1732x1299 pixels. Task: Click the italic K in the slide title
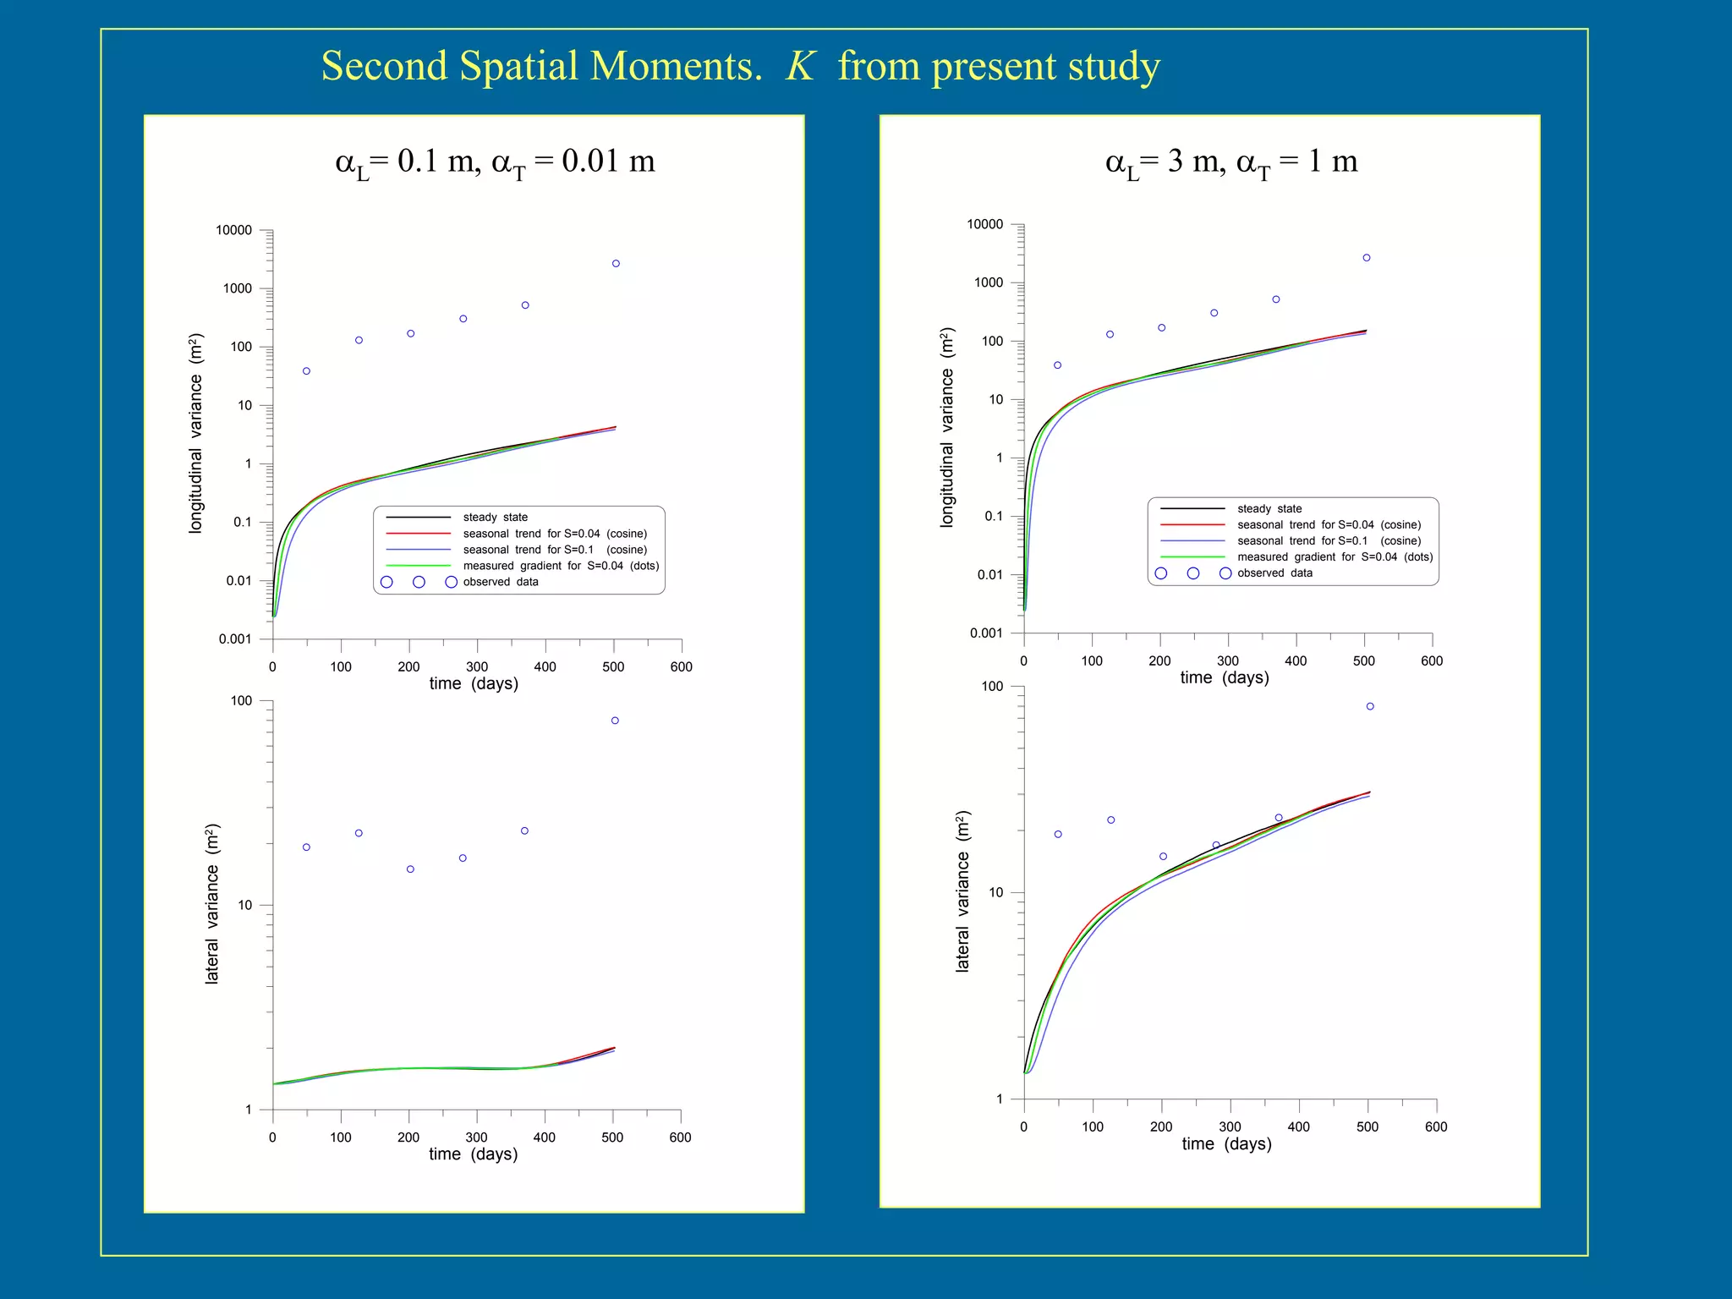click(x=799, y=66)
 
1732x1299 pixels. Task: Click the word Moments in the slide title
click(x=675, y=66)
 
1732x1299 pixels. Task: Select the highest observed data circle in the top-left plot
click(x=616, y=264)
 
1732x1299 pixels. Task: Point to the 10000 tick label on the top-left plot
click(x=233, y=230)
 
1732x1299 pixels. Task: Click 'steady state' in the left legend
click(x=495, y=518)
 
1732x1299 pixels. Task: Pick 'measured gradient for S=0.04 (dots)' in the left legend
click(x=561, y=566)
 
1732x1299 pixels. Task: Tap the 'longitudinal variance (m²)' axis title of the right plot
click(x=947, y=428)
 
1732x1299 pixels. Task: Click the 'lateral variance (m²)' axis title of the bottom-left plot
click(x=212, y=904)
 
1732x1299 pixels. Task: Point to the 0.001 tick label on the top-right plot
click(x=985, y=633)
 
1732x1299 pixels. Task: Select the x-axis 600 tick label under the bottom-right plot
click(x=1436, y=1127)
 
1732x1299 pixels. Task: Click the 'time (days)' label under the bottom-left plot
click(x=473, y=1154)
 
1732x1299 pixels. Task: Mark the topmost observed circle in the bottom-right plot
click(x=1370, y=706)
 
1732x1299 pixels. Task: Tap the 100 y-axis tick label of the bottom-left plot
click(x=241, y=701)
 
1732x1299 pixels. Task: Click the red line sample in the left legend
click(x=418, y=534)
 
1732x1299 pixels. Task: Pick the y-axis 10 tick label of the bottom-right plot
click(x=995, y=893)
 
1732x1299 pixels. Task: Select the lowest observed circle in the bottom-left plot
click(x=410, y=869)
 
